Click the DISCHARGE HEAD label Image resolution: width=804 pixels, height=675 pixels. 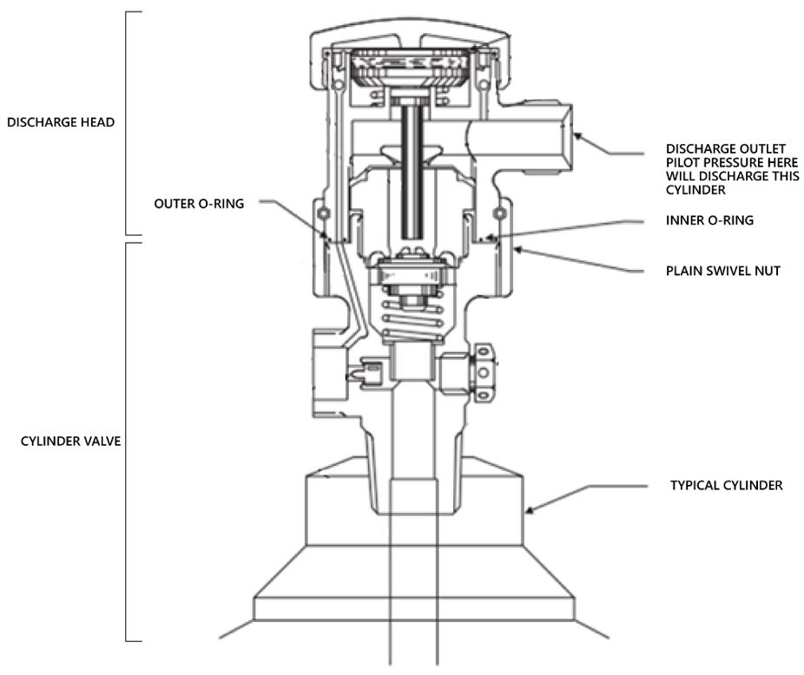pyautogui.click(x=61, y=122)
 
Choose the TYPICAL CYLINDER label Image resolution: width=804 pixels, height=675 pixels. pyautogui.click(x=726, y=486)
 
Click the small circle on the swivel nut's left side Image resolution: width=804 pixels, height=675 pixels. pyautogui.click(x=323, y=214)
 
